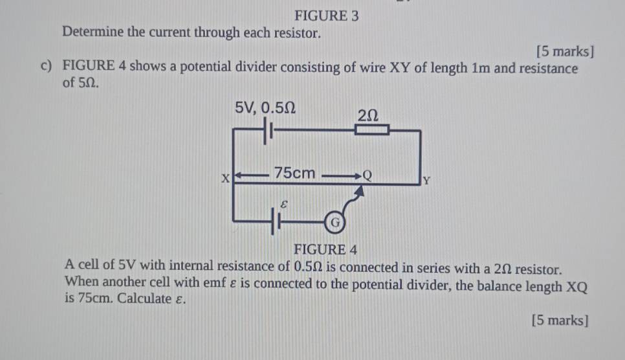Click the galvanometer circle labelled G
coord(335,223)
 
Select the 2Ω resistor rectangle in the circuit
coord(372,129)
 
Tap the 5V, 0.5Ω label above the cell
coord(265,107)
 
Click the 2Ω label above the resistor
coord(367,116)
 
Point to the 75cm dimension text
coord(294,173)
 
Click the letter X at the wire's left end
coord(226,178)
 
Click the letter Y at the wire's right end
coord(426,181)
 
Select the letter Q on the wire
coord(367,175)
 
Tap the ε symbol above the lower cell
coord(283,205)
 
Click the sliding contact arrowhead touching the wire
coord(359,191)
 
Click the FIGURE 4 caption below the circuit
coord(325,250)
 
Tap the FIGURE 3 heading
coord(327,16)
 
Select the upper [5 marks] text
coord(565,52)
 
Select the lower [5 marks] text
coord(560,321)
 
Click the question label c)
coord(46,65)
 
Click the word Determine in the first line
coord(93,32)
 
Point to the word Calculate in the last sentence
coord(144,298)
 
